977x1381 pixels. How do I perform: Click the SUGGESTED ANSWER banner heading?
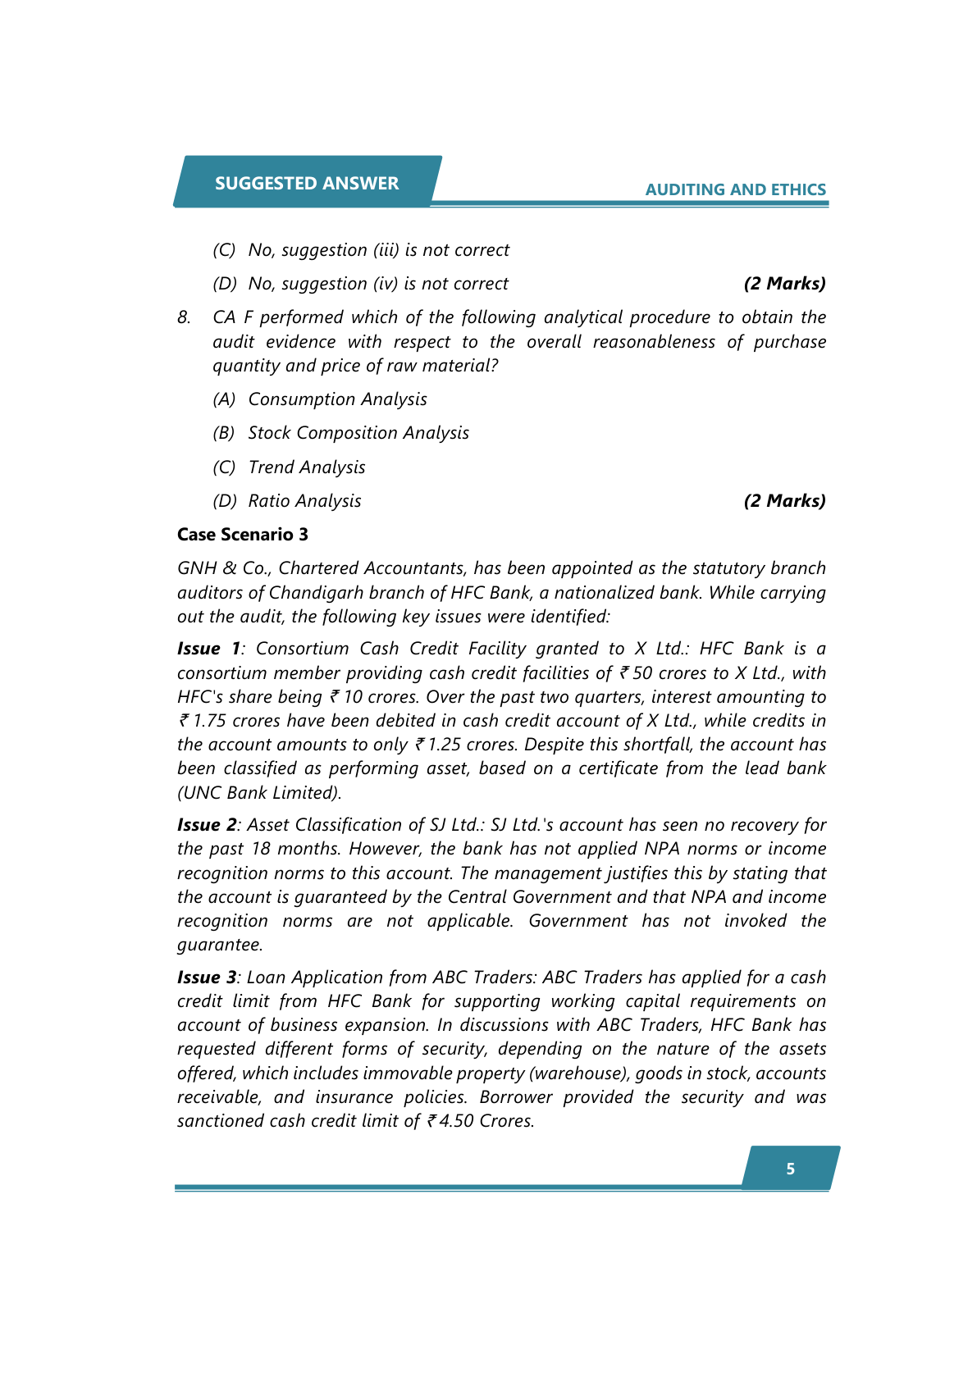[x=307, y=183]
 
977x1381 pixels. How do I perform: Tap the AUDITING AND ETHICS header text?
[x=735, y=189]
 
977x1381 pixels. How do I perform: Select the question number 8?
[x=184, y=317]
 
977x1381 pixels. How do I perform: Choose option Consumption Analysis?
[x=337, y=399]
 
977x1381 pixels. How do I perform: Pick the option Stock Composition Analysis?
[x=358, y=433]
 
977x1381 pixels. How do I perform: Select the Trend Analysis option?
[x=307, y=467]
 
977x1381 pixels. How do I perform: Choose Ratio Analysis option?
[x=304, y=501]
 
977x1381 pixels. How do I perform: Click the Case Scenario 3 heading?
[x=243, y=535]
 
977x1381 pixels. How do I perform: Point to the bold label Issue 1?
[x=208, y=649]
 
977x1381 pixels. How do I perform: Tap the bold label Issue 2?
[x=207, y=825]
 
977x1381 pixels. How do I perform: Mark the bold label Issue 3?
[x=207, y=978]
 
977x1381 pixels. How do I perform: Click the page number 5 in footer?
[x=790, y=1169]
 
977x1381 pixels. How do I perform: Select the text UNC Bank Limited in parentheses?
[x=259, y=793]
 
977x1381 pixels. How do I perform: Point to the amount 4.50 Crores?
[x=484, y=1121]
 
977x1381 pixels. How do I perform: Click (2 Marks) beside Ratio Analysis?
[x=784, y=501]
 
